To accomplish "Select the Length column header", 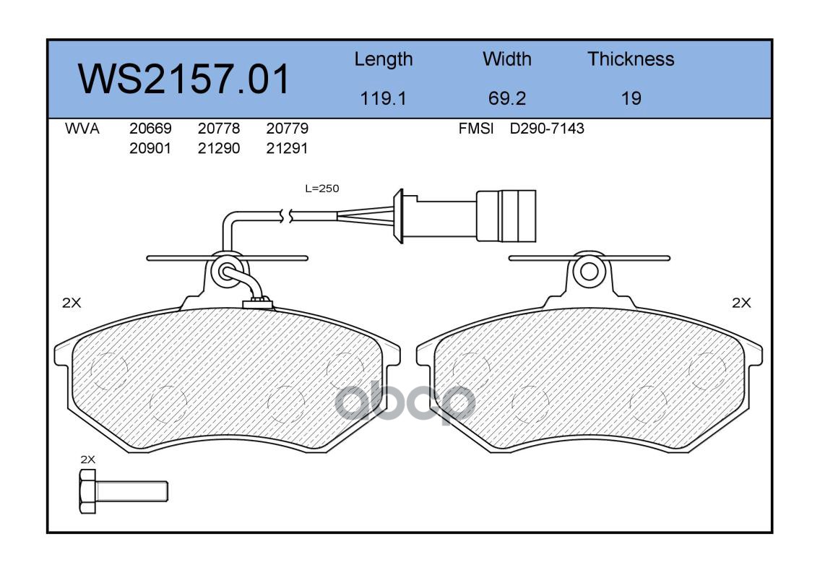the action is pyautogui.click(x=384, y=59).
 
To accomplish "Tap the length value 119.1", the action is pyautogui.click(x=384, y=98).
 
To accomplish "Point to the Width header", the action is pyautogui.click(x=506, y=59).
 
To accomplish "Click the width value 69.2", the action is pyautogui.click(x=506, y=98).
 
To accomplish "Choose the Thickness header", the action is pyautogui.click(x=631, y=59).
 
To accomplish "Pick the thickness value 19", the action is pyautogui.click(x=631, y=98).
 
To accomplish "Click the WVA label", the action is pyautogui.click(x=82, y=128).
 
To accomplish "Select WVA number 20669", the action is pyautogui.click(x=150, y=128).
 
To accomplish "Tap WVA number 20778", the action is pyautogui.click(x=219, y=128).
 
